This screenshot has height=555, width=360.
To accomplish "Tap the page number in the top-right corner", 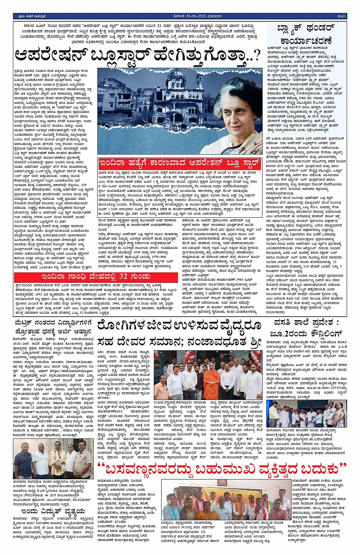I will pyautogui.click(x=342, y=16).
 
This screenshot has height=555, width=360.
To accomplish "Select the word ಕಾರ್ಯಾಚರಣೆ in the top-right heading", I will pyautogui.click(x=306, y=41).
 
